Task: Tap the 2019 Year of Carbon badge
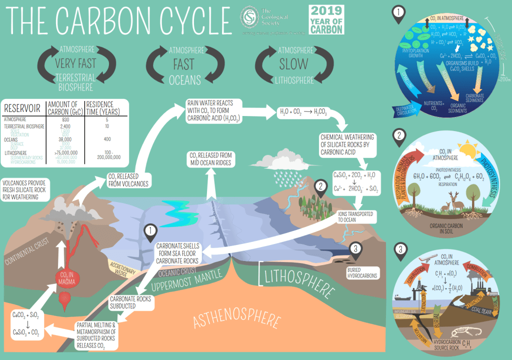point(326,19)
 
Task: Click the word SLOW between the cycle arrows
point(294,64)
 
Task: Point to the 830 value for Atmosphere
point(65,119)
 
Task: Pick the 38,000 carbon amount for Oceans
point(65,139)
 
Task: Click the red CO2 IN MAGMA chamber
point(65,277)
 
